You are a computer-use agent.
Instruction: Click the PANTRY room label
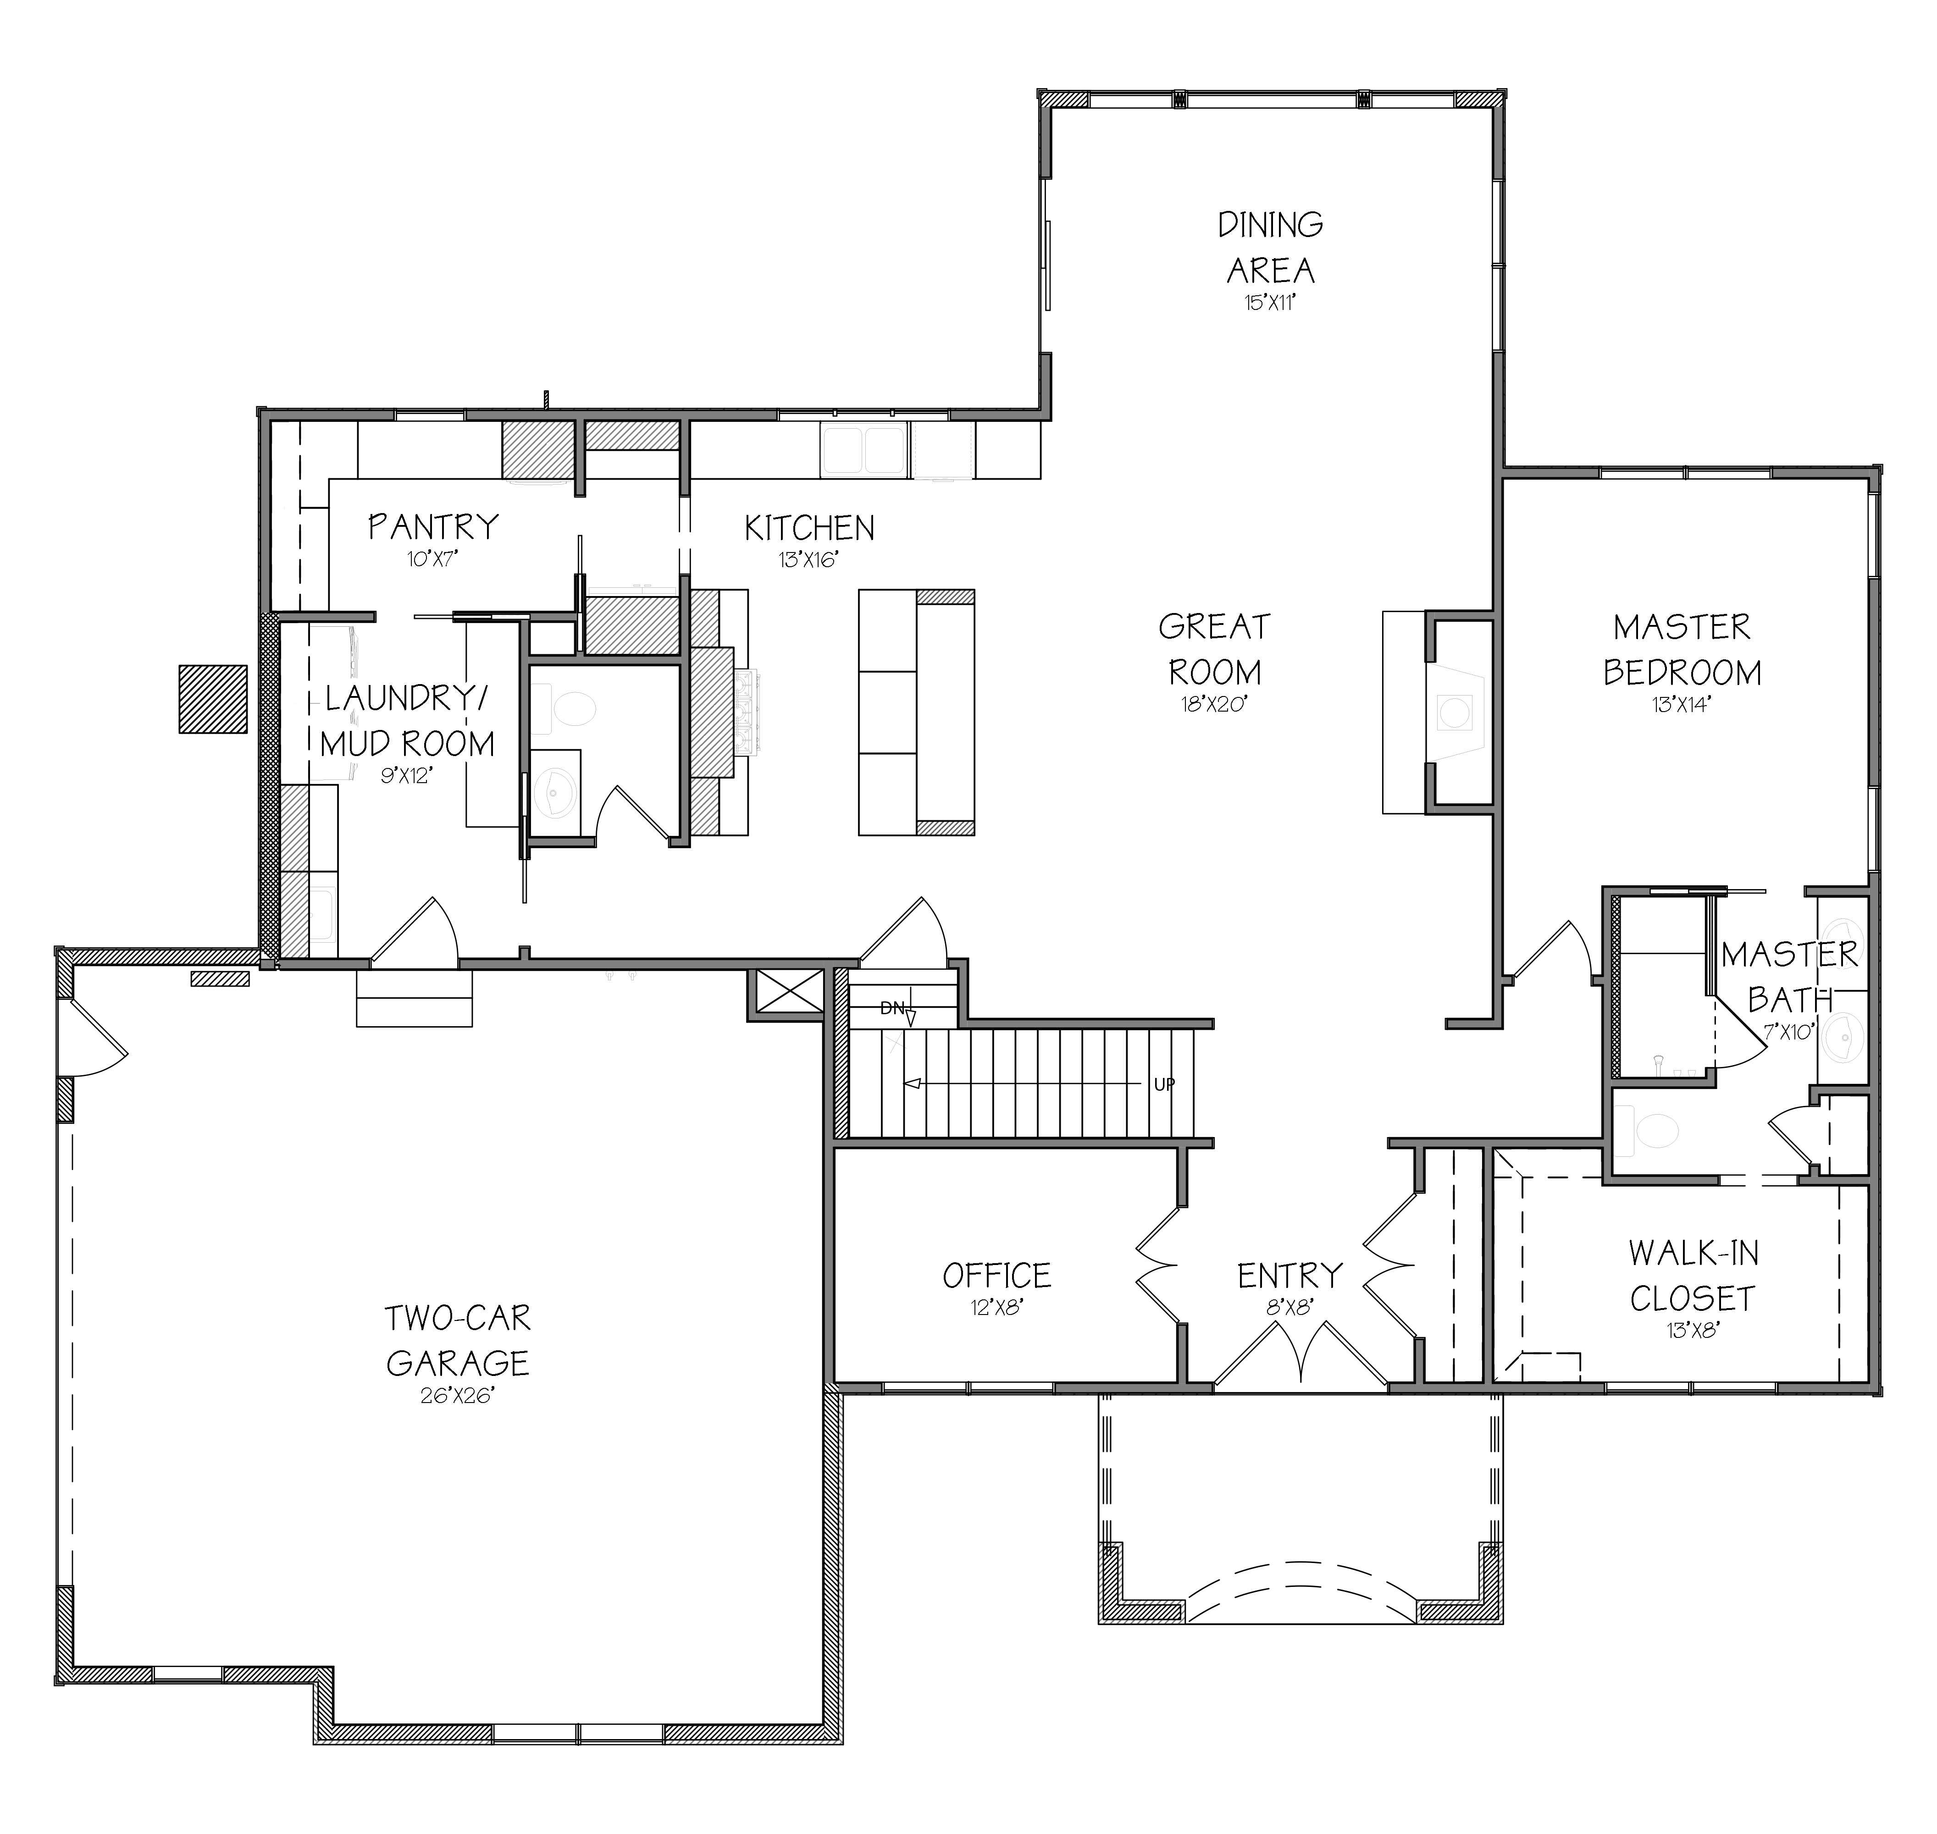pos(433,527)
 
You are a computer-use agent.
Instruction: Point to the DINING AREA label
pos(1270,246)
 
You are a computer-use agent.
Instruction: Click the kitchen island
pos(916,713)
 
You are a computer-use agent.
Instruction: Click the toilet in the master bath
pos(1650,1132)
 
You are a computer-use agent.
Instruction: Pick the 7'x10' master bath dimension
pos(1789,1031)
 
